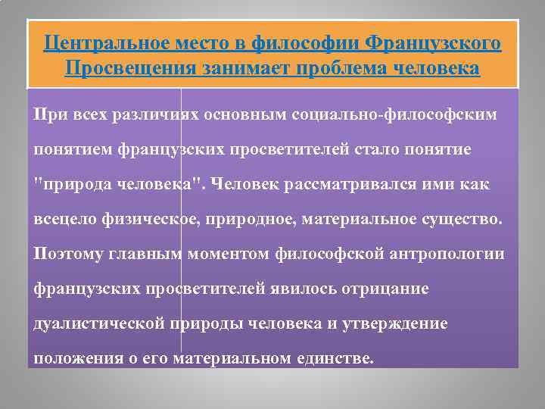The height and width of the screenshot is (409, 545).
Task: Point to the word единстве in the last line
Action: pyautogui.click(x=332, y=358)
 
